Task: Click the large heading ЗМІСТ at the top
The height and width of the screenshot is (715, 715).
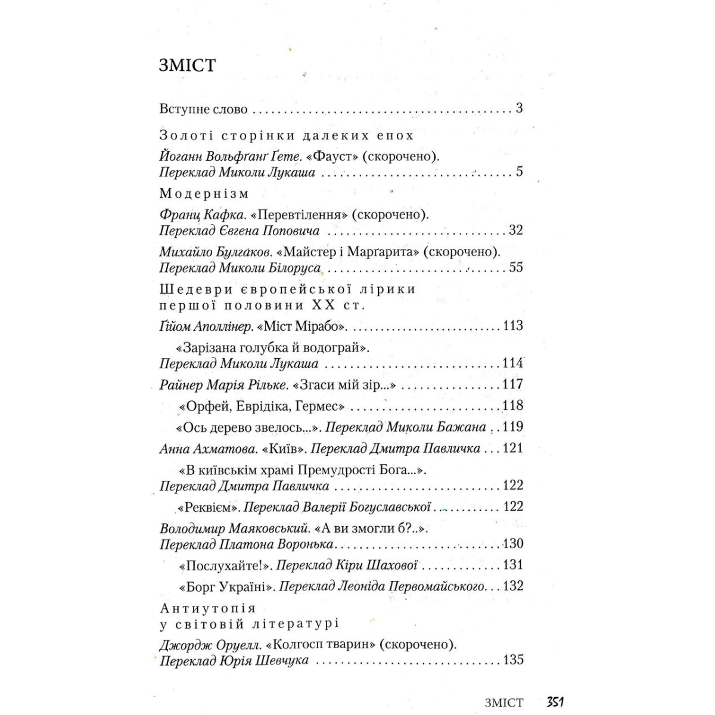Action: click(x=187, y=65)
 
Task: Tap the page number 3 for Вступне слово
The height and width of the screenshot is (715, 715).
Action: click(x=519, y=108)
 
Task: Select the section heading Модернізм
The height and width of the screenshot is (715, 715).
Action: click(x=204, y=194)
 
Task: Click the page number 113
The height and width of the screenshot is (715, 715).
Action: click(x=512, y=326)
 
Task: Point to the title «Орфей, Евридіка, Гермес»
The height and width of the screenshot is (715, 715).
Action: click(x=262, y=406)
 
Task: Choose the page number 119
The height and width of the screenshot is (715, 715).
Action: click(x=512, y=427)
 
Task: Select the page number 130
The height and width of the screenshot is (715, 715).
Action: click(x=512, y=544)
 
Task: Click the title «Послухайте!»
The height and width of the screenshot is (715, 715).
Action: click(x=225, y=565)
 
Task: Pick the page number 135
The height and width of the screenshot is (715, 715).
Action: click(x=512, y=660)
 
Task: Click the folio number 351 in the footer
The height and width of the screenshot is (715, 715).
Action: click(x=555, y=702)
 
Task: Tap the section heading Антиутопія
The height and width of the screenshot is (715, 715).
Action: click(x=208, y=608)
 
